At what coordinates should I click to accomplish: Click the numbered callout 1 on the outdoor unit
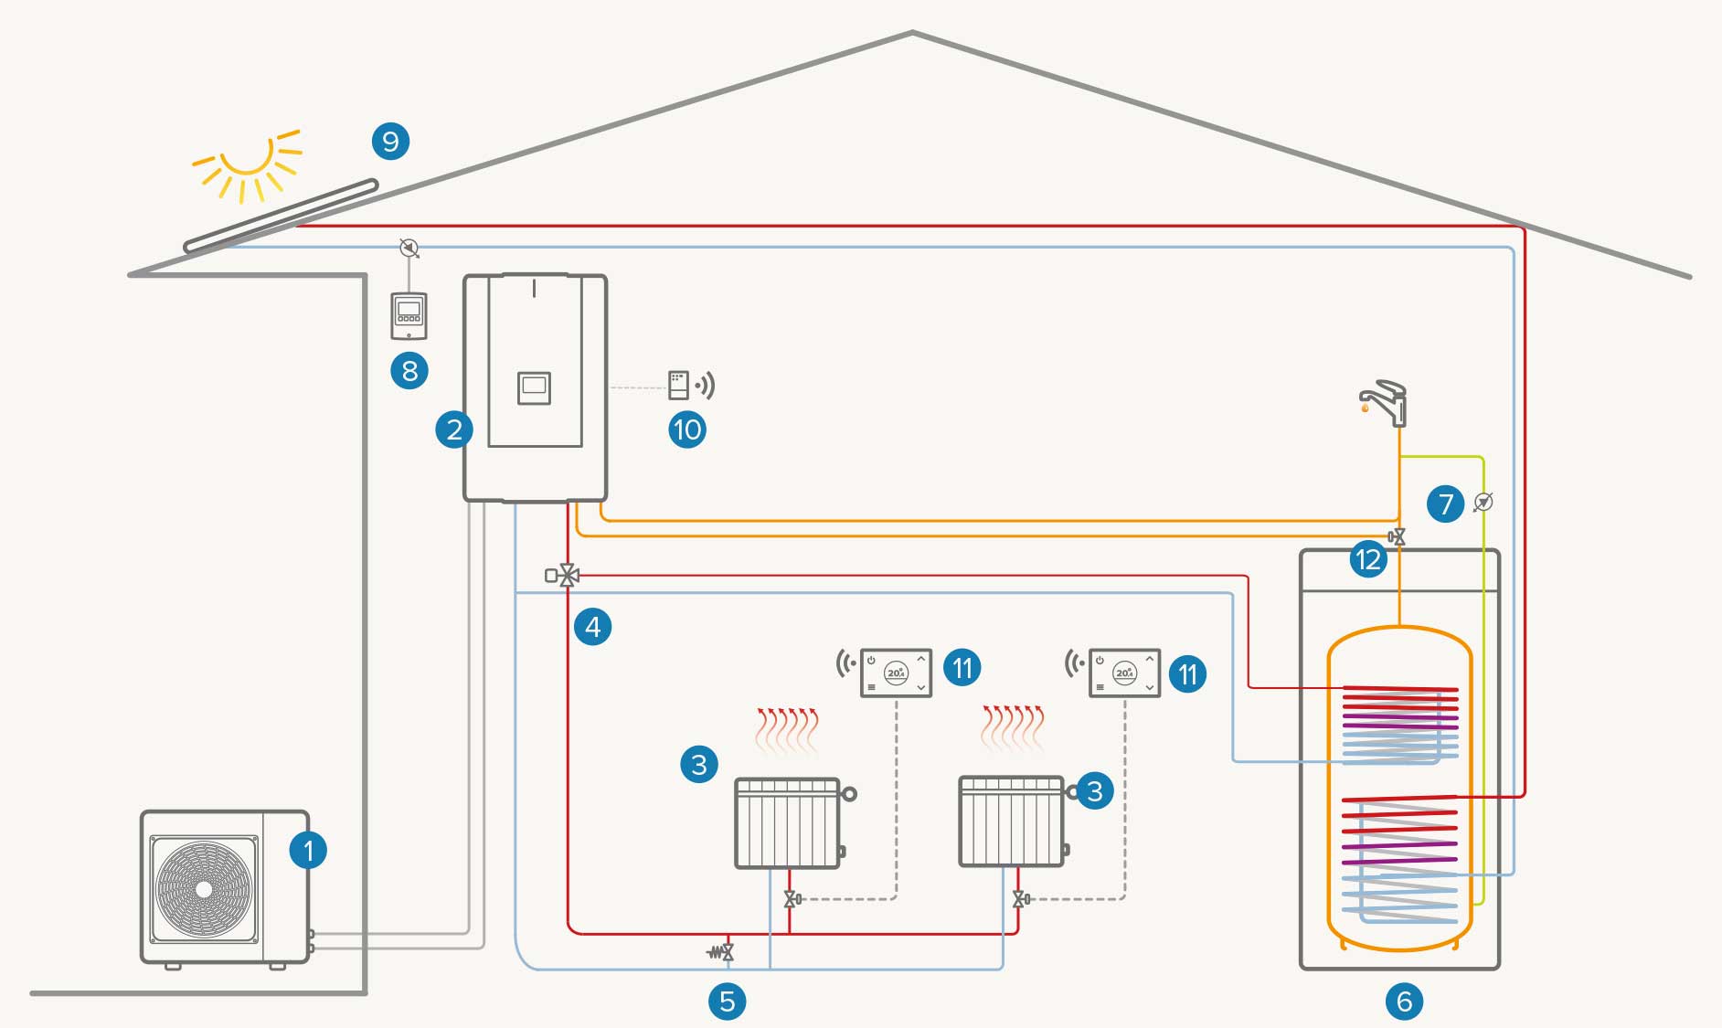point(308,851)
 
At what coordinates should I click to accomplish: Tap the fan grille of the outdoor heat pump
point(203,889)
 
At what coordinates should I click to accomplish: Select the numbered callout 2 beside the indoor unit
point(453,429)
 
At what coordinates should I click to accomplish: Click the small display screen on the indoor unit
point(534,387)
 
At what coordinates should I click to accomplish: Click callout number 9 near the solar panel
point(390,142)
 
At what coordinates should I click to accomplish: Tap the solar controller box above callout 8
point(409,315)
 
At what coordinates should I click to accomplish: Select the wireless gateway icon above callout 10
point(679,385)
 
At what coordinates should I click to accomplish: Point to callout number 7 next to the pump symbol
point(1445,503)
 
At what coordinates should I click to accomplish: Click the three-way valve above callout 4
point(568,576)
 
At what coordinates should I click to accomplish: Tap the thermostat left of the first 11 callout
point(896,673)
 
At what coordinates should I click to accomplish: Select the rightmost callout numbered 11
point(1187,674)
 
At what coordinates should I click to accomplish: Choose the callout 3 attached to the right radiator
point(1095,791)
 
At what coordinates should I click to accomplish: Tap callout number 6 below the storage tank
point(1405,1001)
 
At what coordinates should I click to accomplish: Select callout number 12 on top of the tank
point(1368,558)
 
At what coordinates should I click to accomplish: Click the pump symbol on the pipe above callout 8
point(409,248)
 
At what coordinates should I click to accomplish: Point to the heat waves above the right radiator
point(1013,728)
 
